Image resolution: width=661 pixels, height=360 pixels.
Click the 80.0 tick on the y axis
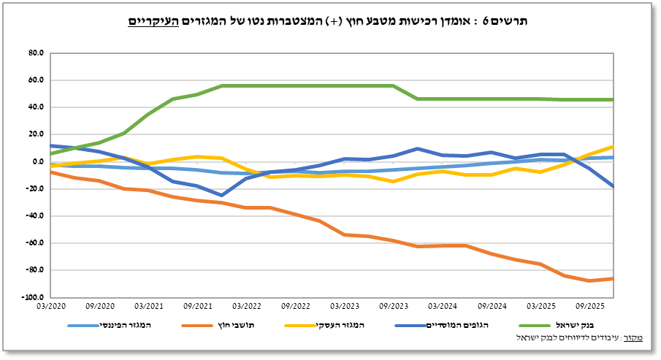tap(36, 53)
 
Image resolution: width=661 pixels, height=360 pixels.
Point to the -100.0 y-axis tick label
tap(34, 298)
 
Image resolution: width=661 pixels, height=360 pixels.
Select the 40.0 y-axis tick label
tap(36, 107)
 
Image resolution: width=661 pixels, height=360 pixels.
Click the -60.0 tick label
tap(35, 243)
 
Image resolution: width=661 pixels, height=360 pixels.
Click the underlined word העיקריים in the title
tap(152, 22)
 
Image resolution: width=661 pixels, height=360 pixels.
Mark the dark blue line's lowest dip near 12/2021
tap(221, 195)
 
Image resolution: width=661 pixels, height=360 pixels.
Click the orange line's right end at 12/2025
tap(613, 278)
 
